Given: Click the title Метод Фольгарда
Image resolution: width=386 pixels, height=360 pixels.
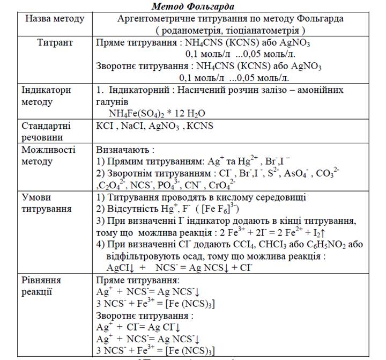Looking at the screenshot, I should point(193,6).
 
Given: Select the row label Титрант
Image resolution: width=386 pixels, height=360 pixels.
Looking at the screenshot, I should point(55,42).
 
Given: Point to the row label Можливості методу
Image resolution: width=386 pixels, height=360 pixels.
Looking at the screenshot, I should point(48,156).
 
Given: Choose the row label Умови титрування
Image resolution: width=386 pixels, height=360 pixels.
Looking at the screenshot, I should point(46,203).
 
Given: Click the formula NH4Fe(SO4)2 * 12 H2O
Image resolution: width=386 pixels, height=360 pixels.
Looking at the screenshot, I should point(157,114).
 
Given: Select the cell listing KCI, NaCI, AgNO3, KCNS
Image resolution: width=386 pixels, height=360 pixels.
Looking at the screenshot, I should point(154,126).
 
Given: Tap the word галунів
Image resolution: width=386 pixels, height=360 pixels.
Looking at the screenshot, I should point(113,102).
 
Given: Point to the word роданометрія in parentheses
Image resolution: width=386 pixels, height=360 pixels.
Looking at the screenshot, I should point(194,31).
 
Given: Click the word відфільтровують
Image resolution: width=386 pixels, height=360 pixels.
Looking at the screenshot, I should point(142,256).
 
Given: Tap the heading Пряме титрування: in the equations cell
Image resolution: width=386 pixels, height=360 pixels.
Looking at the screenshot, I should point(138,280).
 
